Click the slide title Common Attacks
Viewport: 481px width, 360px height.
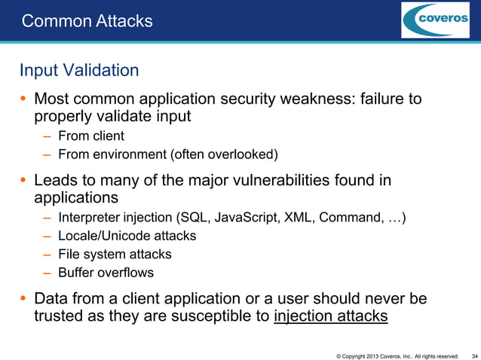coord(87,21)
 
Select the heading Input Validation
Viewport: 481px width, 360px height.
coord(79,71)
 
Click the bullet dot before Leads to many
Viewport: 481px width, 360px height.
coord(24,182)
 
